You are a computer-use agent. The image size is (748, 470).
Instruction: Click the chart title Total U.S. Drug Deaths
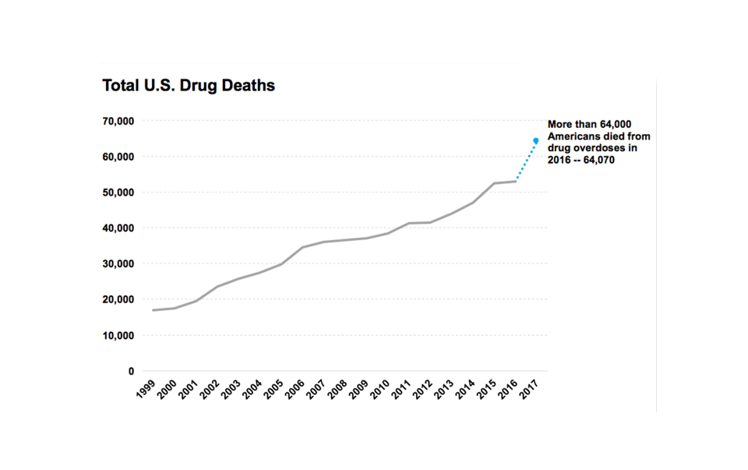189,86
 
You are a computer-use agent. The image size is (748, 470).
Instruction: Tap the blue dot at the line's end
536,141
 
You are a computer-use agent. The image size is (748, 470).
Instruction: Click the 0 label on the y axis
131,372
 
